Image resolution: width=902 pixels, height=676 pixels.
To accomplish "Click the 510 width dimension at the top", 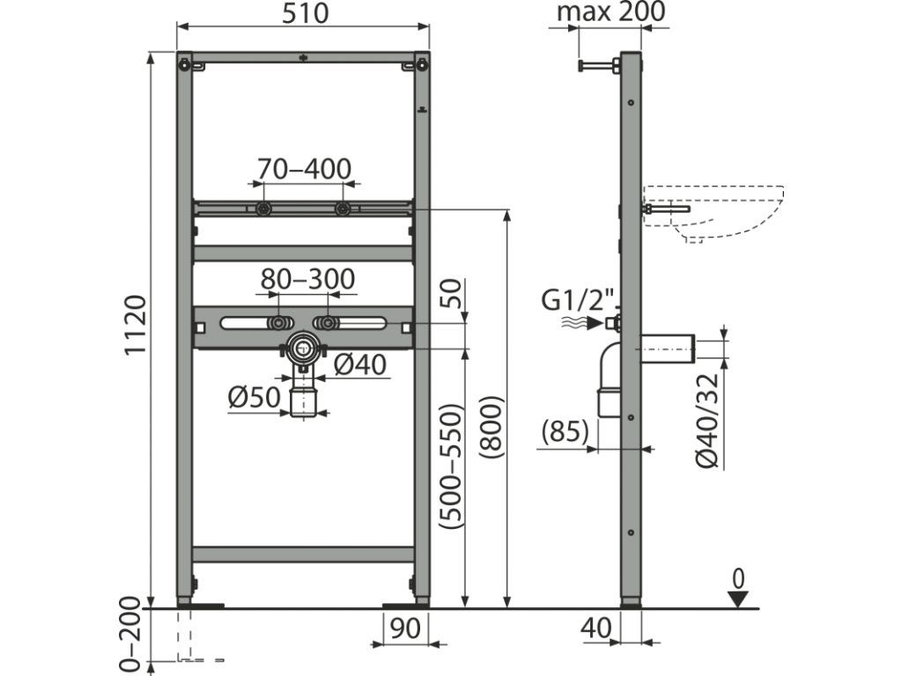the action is tap(305, 13).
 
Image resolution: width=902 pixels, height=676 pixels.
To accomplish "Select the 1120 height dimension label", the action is tap(137, 326).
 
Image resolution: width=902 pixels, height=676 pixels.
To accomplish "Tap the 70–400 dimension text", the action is tap(304, 168).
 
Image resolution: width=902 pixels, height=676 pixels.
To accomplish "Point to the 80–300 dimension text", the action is tap(307, 279).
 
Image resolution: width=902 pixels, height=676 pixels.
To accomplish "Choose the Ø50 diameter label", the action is tap(255, 397).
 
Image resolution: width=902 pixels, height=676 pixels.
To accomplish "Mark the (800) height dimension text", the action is tap(492, 428).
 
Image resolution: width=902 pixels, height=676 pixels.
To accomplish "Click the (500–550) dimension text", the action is tap(451, 467).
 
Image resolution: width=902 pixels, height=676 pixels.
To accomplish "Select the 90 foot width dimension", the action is tap(405, 628).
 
